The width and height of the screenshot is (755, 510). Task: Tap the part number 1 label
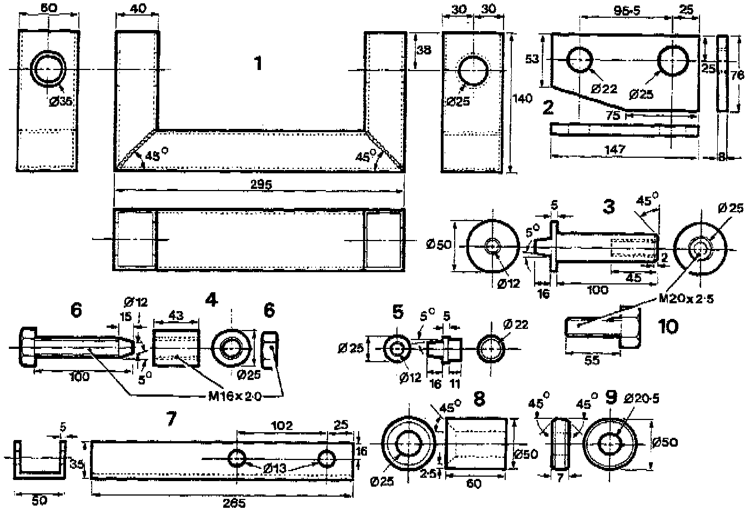(x=257, y=64)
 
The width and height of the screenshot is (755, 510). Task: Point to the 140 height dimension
(x=523, y=98)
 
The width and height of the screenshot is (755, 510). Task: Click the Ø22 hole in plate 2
(x=579, y=60)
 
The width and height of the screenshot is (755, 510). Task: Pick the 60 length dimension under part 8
(x=474, y=484)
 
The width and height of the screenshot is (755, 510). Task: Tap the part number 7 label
(x=171, y=419)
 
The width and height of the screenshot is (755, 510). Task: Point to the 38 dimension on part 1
(x=424, y=49)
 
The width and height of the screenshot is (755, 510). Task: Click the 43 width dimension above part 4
(x=176, y=314)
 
